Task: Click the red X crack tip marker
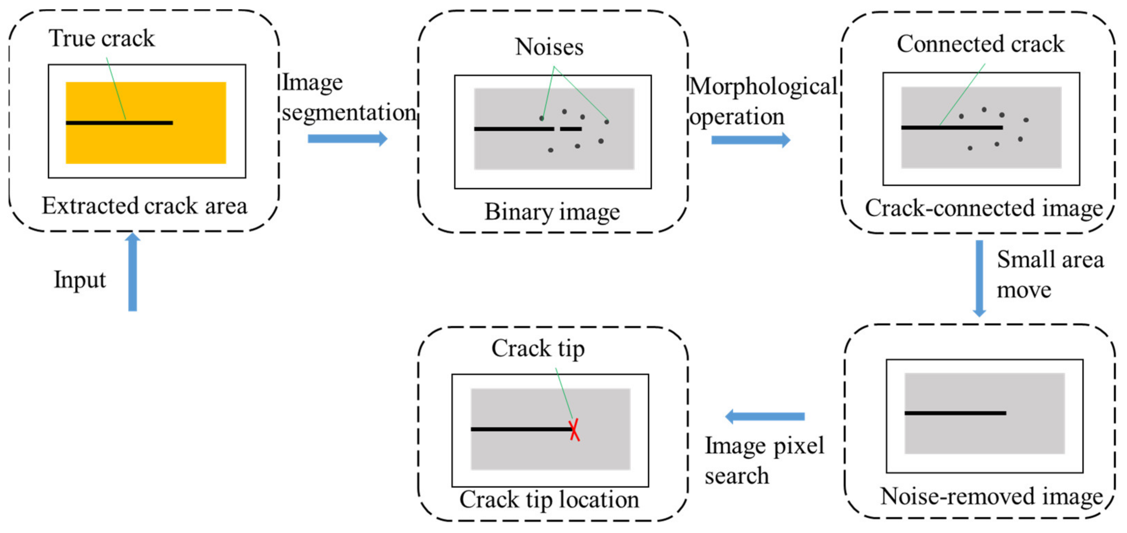click(574, 430)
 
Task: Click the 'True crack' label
click(101, 38)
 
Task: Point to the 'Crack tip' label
click(538, 349)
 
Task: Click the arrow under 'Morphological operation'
click(750, 140)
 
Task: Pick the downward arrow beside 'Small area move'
click(979, 278)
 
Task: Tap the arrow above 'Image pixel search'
click(765, 417)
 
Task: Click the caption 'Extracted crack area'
click(144, 206)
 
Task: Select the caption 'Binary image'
click(552, 212)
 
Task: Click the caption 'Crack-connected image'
click(983, 208)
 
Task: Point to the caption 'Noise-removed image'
click(991, 497)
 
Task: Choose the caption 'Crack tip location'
click(549, 500)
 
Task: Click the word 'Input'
click(80, 280)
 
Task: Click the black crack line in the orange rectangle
click(119, 123)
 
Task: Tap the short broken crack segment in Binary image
click(571, 129)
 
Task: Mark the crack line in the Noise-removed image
click(955, 413)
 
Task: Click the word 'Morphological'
click(763, 87)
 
